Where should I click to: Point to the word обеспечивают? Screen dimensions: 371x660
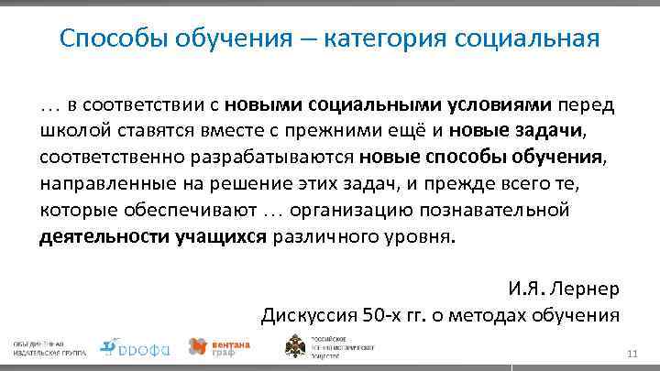coord(182,210)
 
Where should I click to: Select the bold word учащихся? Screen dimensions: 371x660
coord(220,236)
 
